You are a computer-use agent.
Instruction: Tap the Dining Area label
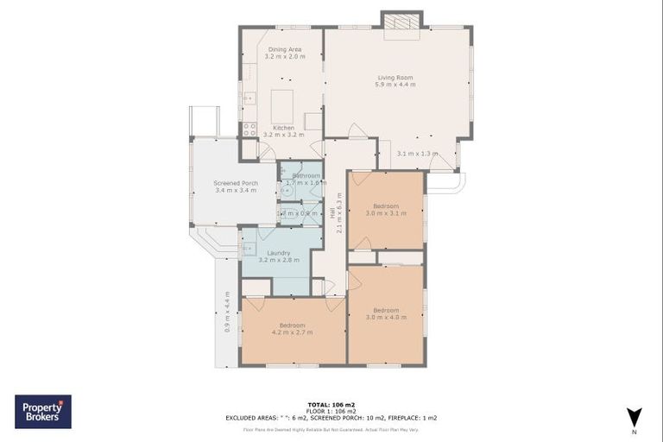click(x=284, y=49)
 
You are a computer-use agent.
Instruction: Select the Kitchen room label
click(x=284, y=128)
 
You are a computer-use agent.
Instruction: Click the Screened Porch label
click(x=236, y=183)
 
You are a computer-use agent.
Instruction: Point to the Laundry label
click(x=279, y=253)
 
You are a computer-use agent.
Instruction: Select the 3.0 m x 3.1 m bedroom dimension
click(x=386, y=213)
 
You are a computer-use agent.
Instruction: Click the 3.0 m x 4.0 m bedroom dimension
click(x=386, y=317)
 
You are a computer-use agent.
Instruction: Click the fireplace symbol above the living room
click(x=401, y=20)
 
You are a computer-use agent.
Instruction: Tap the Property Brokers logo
click(x=43, y=412)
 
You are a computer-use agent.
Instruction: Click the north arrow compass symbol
click(x=635, y=416)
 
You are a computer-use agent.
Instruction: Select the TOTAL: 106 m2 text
click(x=331, y=404)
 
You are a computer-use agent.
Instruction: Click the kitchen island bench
click(x=284, y=106)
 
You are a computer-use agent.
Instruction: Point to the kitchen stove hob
click(x=249, y=129)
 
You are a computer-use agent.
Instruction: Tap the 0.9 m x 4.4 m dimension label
click(x=227, y=312)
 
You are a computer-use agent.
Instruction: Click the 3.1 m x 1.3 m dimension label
click(x=413, y=154)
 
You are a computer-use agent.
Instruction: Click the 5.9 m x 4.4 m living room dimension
click(x=396, y=85)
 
